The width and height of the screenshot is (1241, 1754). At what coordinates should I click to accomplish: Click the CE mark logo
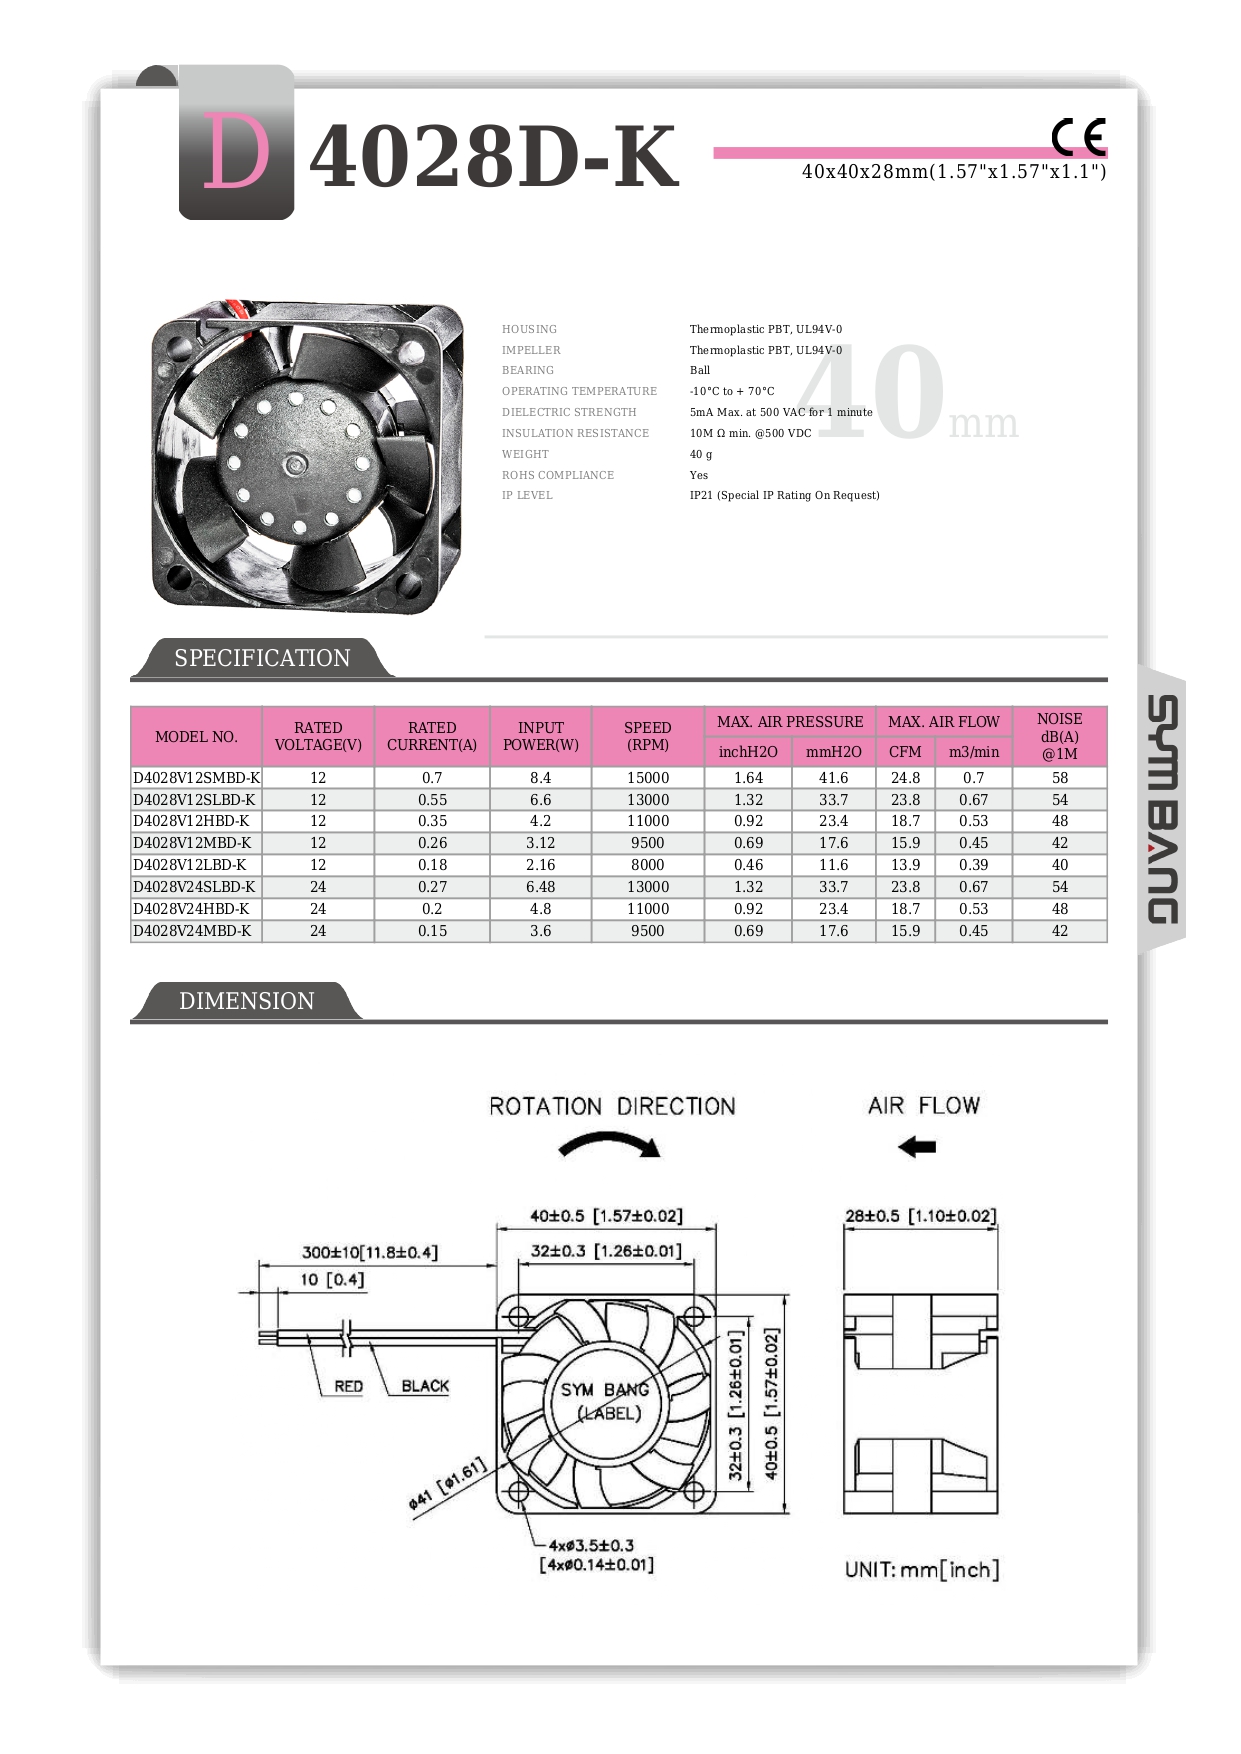1078,137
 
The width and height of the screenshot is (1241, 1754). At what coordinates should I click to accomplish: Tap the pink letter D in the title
236,152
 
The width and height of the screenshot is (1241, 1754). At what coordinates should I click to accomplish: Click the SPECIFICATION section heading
262,658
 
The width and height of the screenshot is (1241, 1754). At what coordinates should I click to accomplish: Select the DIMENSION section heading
246,1001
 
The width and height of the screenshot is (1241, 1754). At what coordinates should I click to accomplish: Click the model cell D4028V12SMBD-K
196,778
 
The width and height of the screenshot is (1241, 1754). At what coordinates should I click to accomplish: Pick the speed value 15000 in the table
647,778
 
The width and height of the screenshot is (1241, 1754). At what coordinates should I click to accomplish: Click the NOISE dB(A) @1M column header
1059,736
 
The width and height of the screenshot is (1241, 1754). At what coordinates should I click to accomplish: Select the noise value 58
1059,778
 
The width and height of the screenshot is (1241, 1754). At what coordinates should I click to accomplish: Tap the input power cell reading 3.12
540,843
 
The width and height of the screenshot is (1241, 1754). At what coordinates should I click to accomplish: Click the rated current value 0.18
432,865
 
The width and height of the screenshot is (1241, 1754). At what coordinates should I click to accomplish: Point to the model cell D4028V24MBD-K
192,931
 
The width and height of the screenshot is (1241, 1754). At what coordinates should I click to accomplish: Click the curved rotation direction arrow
609,1145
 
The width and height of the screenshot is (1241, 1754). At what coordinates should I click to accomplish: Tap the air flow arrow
916,1147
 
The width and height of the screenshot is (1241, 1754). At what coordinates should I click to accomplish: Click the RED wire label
348,1386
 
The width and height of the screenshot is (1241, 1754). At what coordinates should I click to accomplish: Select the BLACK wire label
425,1386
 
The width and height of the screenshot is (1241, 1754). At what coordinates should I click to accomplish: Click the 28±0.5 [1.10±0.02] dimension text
920,1216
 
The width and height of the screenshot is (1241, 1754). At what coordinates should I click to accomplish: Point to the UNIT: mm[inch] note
921,1570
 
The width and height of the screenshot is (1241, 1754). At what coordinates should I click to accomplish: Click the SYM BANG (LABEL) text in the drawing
606,1401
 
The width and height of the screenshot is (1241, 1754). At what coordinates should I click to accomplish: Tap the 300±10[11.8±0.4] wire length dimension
370,1252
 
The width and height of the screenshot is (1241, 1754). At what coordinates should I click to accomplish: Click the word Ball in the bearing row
700,370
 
